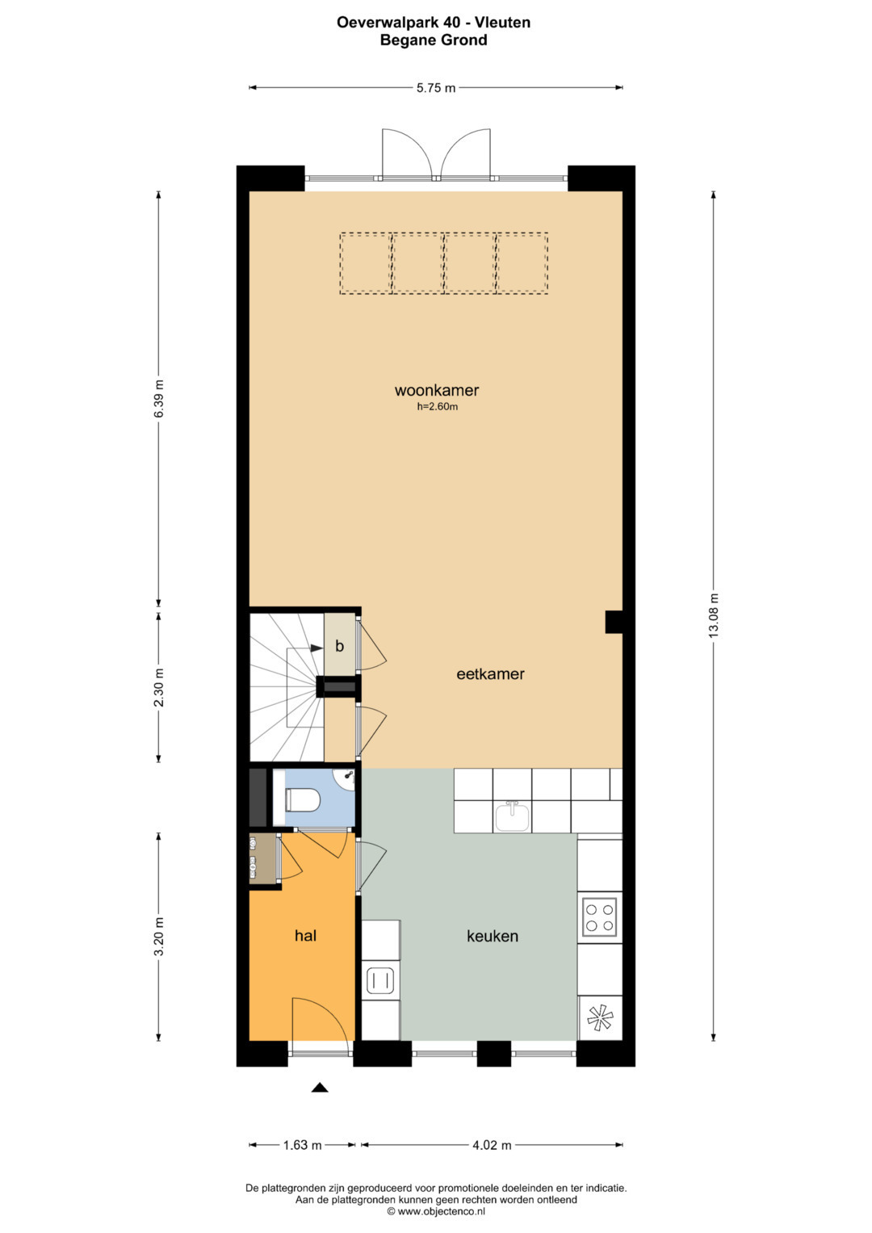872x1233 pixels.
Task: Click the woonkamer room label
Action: tap(437, 390)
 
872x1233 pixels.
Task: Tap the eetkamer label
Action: tap(490, 673)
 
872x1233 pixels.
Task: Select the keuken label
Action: tap(493, 936)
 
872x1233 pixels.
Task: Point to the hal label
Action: tap(305, 936)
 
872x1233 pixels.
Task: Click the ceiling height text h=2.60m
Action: tap(437, 407)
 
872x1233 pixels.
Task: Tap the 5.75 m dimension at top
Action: tap(436, 87)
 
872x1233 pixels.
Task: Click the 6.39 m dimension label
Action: tap(159, 399)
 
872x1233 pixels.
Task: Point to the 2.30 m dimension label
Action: tap(159, 687)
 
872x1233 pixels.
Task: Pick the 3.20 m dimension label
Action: tap(159, 937)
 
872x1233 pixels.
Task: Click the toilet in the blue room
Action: tap(302, 800)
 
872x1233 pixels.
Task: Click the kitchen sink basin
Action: tap(513, 817)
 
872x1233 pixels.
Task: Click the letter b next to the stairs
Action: tap(340, 646)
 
